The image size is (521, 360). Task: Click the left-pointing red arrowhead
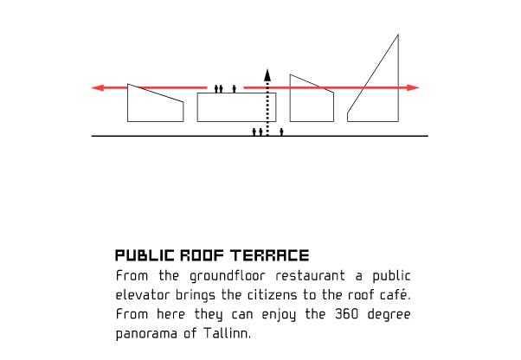[x=97, y=88]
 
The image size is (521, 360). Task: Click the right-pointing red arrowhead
[x=414, y=88]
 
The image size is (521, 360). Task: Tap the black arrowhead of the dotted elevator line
[x=267, y=75]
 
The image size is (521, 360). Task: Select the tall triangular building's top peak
[x=398, y=35]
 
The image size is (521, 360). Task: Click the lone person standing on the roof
[x=235, y=88]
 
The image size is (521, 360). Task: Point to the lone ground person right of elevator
[x=281, y=132]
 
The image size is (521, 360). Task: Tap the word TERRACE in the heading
[x=270, y=255]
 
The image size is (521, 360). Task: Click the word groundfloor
[x=228, y=277]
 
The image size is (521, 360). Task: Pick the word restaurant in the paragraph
[x=310, y=276]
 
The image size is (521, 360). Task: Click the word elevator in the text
[x=143, y=295]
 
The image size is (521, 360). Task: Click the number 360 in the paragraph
[x=346, y=314]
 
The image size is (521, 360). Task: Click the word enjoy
[x=279, y=315]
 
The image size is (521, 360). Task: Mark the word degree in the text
[x=389, y=315]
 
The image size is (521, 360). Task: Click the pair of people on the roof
[x=218, y=88]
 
